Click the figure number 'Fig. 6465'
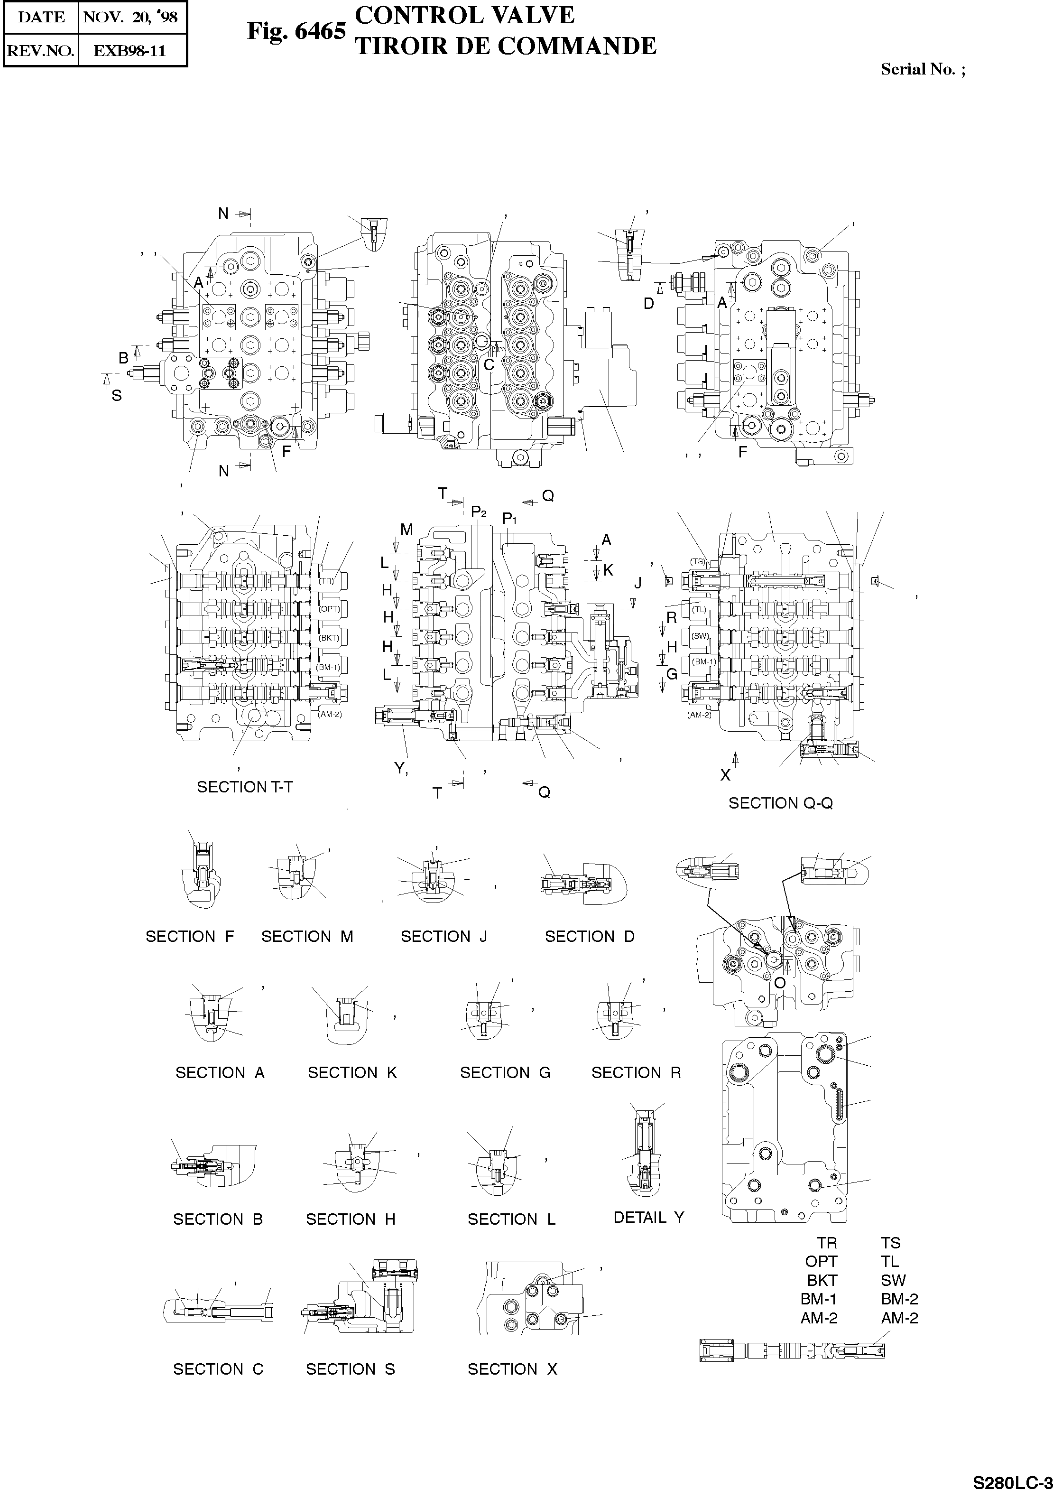(296, 30)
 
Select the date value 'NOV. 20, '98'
(131, 18)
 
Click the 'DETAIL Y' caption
(648, 1217)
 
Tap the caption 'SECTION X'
(512, 1369)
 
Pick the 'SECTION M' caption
(307, 937)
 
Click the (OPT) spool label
(329, 609)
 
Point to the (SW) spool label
(700, 636)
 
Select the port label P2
(479, 512)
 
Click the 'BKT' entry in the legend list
(822, 1280)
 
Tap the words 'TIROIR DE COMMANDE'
(506, 46)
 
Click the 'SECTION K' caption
(352, 1073)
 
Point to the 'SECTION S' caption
(350, 1369)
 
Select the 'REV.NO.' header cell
(40, 51)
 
